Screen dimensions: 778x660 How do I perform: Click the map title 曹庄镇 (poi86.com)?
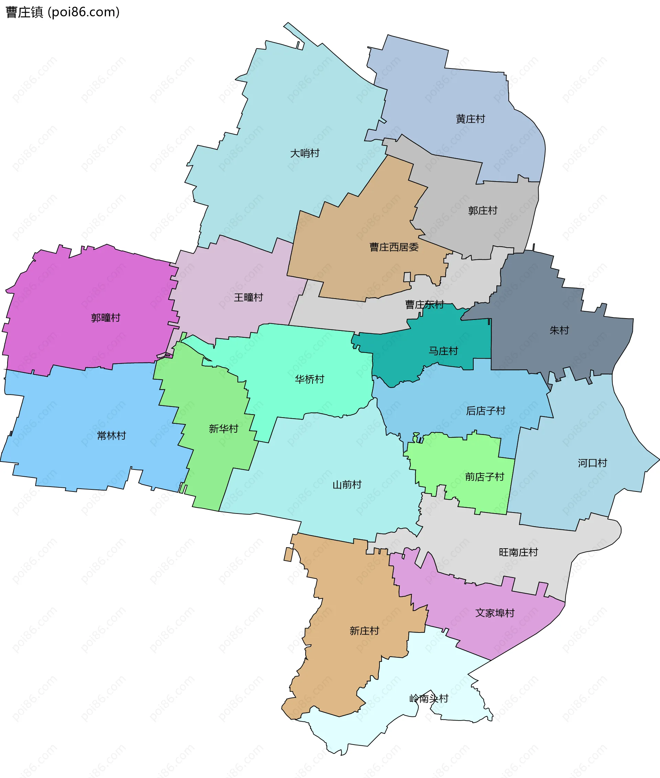click(63, 12)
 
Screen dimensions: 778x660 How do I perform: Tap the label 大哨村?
click(305, 153)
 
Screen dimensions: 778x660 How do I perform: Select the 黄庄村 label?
click(470, 119)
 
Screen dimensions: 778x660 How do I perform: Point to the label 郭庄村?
click(483, 211)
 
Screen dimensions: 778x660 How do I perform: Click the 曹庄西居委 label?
click(394, 247)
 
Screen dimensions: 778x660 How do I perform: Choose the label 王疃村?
click(249, 297)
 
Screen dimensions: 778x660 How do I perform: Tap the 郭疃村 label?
click(106, 318)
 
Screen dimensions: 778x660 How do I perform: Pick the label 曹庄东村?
click(424, 304)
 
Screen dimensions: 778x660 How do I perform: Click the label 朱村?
click(559, 330)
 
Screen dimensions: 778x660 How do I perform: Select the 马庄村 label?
click(443, 351)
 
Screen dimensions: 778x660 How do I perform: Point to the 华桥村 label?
click(309, 379)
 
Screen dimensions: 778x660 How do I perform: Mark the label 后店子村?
click(485, 411)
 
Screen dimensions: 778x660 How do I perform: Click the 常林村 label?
click(111, 435)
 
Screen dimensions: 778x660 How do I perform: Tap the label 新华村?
click(223, 429)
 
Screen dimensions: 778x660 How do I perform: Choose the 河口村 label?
click(592, 463)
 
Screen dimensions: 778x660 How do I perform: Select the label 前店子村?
click(485, 477)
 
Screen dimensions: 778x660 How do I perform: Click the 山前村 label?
click(347, 485)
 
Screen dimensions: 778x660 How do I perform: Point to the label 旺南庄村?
click(518, 552)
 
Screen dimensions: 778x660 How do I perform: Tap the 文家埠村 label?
click(495, 613)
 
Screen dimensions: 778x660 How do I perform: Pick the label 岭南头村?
click(428, 698)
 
